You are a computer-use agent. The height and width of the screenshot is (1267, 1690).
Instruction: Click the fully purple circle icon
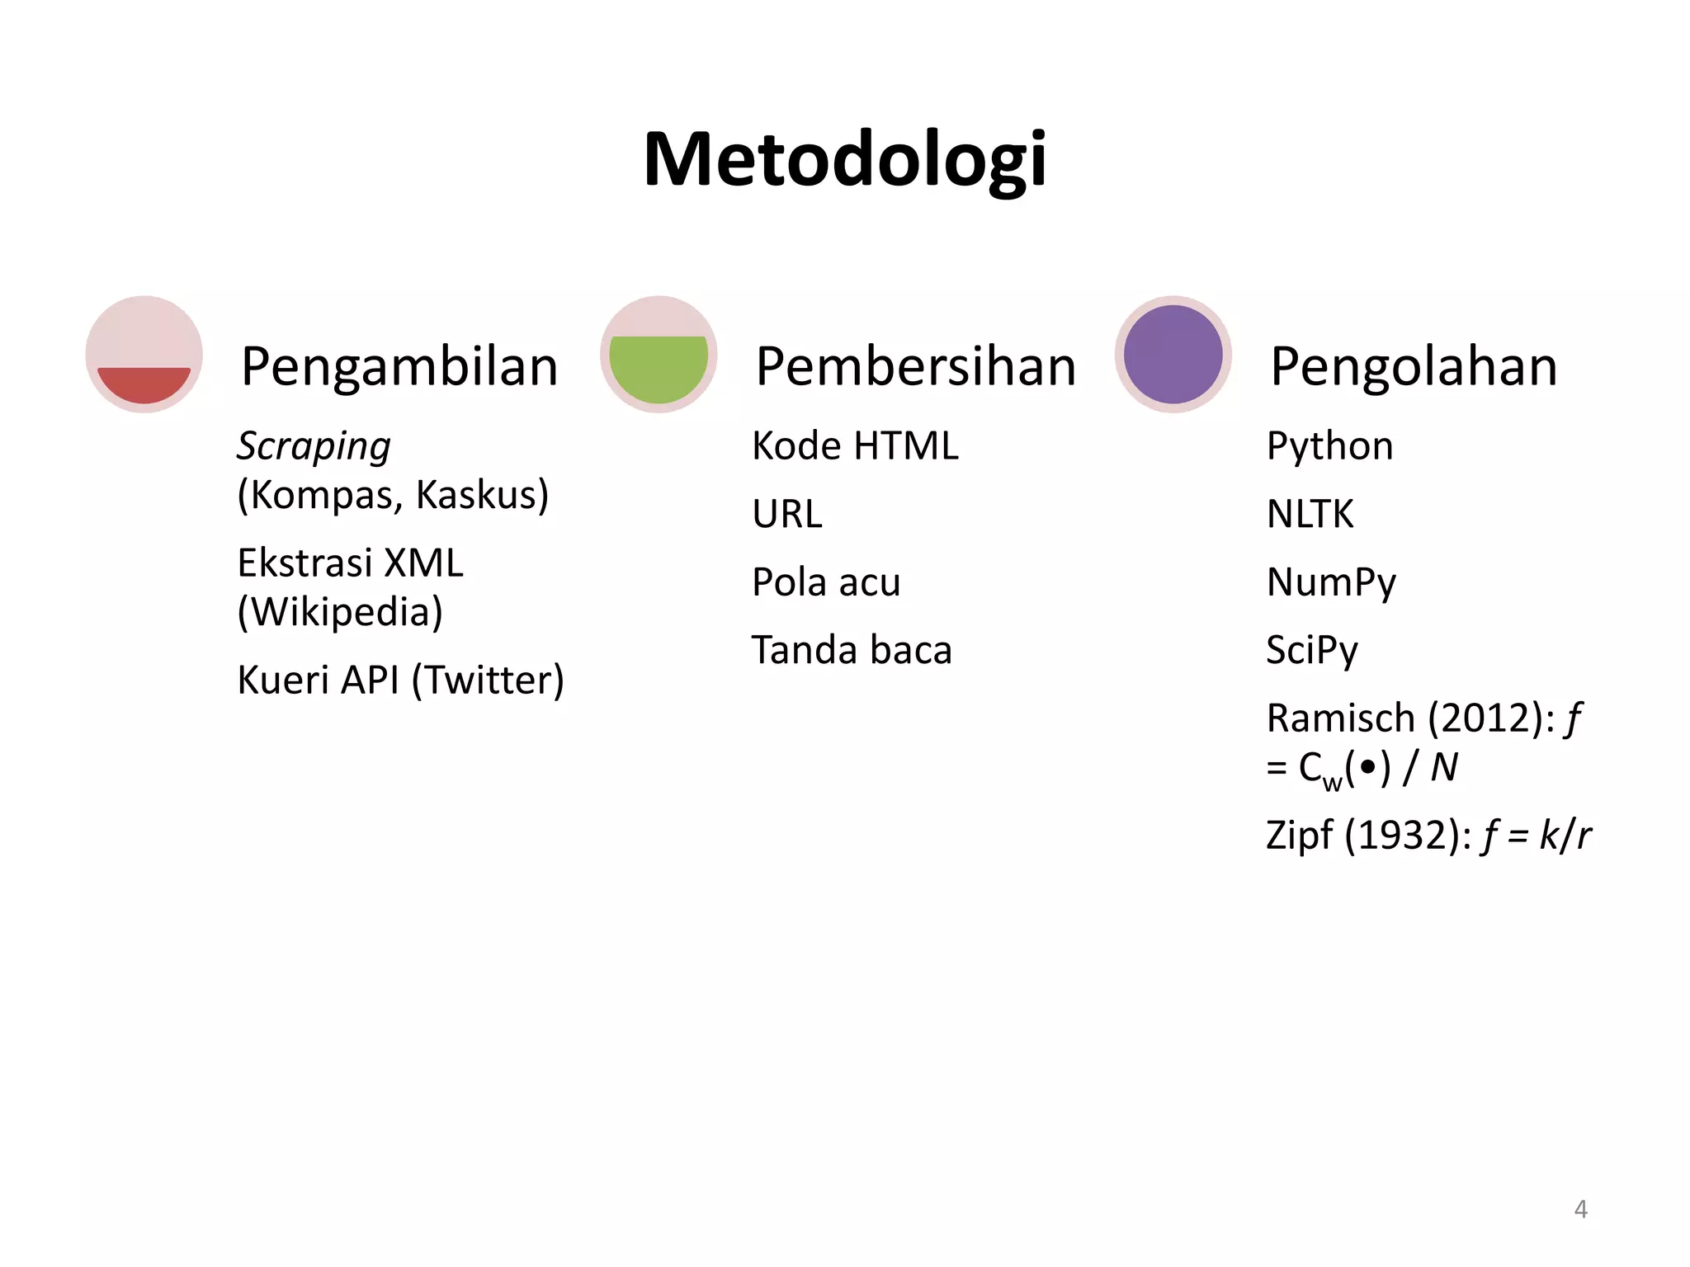(1173, 356)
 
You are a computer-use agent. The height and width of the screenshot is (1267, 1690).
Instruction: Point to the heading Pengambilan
(399, 366)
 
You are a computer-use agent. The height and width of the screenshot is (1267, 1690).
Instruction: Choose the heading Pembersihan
(915, 366)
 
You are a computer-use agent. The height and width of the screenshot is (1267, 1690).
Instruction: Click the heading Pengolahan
(1414, 366)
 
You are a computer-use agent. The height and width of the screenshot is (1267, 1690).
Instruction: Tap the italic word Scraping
(314, 446)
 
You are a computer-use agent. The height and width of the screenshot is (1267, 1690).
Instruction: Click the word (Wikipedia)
(340, 612)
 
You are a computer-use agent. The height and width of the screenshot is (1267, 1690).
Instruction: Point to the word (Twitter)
(488, 681)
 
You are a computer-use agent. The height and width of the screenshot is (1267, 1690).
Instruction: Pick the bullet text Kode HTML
(855, 446)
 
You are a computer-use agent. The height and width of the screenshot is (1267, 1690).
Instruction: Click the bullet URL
(787, 514)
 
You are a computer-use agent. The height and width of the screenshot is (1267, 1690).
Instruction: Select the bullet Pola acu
(826, 582)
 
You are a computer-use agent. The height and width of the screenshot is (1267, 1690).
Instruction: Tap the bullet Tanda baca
(852, 650)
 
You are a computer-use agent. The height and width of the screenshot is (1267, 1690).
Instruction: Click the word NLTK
(1310, 514)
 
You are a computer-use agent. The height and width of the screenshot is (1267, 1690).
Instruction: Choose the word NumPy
(1331, 582)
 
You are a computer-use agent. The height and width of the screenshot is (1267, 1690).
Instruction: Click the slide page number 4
(1580, 1209)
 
